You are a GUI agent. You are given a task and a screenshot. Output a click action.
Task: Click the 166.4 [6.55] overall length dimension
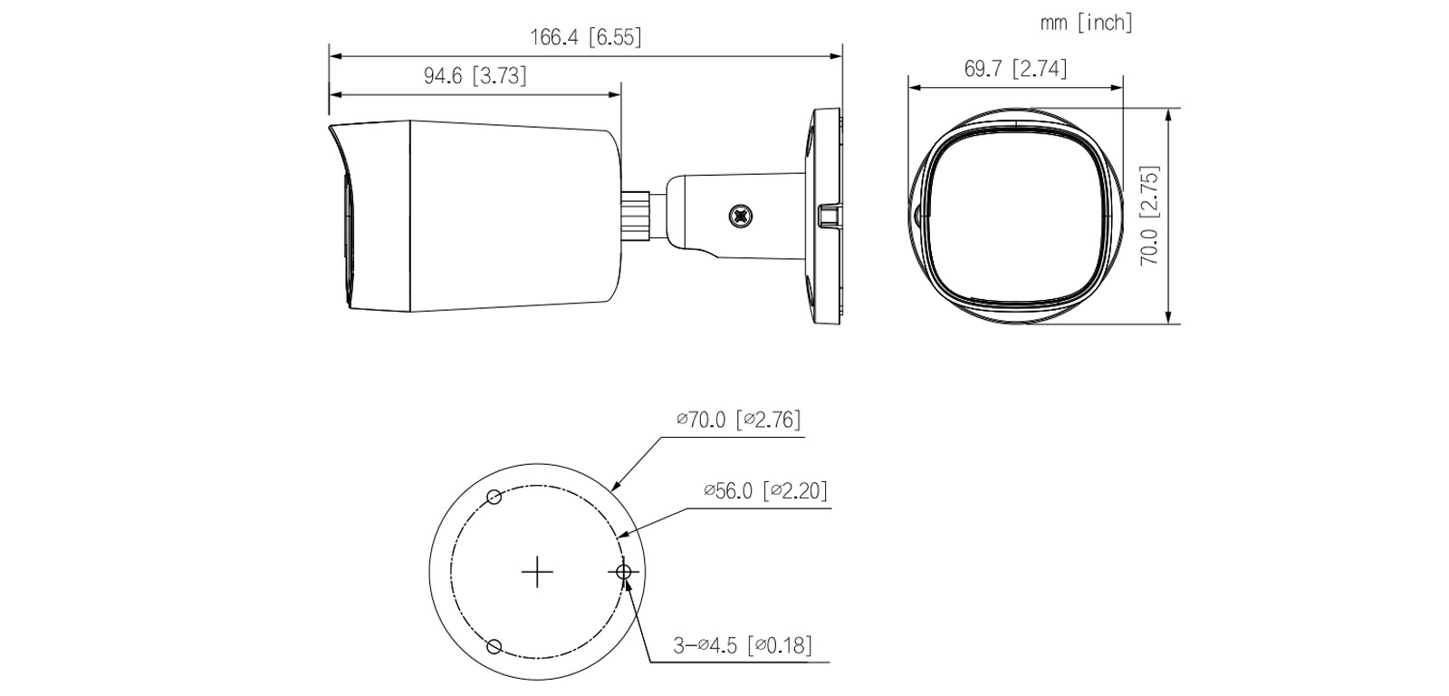[x=585, y=38]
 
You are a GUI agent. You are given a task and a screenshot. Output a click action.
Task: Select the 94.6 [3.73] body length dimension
[x=475, y=76]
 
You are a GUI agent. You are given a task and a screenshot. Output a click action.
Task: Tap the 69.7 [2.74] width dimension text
[x=1015, y=69]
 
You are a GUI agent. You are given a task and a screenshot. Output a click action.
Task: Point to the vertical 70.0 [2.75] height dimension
[x=1150, y=215]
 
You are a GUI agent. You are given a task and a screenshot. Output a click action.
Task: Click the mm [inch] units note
[x=1086, y=23]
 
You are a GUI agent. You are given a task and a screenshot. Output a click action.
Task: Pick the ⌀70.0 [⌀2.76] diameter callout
[x=738, y=420]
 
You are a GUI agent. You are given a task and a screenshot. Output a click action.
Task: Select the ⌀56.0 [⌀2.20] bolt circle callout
[x=765, y=490]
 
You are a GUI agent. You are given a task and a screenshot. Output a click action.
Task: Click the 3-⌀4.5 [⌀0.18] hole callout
[x=742, y=645]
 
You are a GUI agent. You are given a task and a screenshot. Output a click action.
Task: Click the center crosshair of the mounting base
[x=538, y=571]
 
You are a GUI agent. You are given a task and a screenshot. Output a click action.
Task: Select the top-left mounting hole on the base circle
[x=494, y=497]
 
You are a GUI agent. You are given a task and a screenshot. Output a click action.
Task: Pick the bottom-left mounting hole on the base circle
[x=494, y=645]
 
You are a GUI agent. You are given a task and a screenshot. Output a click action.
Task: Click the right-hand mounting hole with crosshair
[x=623, y=571]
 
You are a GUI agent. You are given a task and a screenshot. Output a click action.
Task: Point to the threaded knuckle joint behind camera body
[x=641, y=215]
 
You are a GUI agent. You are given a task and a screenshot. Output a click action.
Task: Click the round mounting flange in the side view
[x=825, y=216]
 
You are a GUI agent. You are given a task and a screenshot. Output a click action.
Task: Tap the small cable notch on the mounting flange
[x=829, y=216]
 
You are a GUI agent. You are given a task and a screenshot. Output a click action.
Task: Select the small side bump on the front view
[x=917, y=216]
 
